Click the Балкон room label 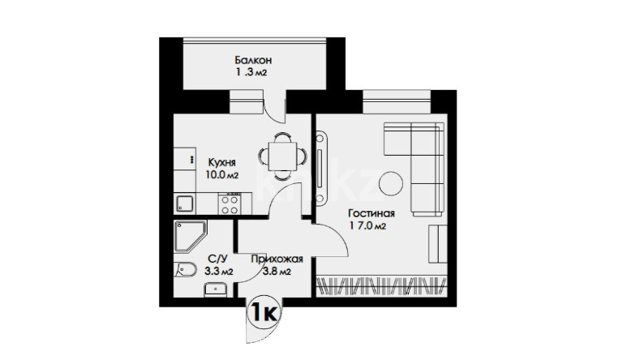pos(253,61)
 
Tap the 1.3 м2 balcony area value pos(251,73)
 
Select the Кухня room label pos(221,162)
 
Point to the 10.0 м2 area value pos(221,175)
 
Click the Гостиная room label pos(371,213)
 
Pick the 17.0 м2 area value pos(367,226)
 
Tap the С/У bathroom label pos(217,259)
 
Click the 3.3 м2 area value pos(219,272)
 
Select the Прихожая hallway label pos(277,259)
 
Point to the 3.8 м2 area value pos(277,272)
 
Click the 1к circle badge pos(264,313)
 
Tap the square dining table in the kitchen pos(282,156)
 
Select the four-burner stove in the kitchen pos(230,204)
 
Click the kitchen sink pos(185,204)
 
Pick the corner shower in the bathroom pos(190,237)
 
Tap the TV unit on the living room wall pos(320,167)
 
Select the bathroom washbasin pos(216,290)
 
